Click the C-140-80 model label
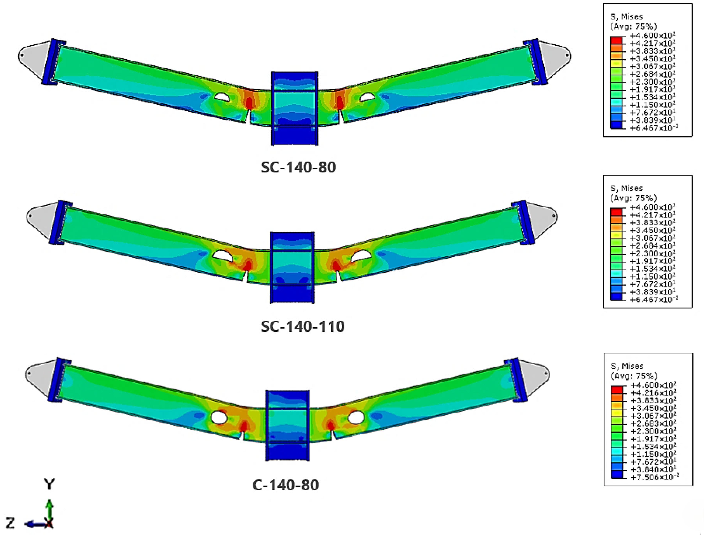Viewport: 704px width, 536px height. pyautogui.click(x=285, y=485)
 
